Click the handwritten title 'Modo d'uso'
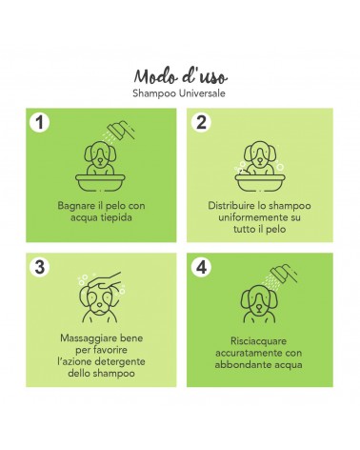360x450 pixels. coord(180,76)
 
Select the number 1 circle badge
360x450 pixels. coord(40,122)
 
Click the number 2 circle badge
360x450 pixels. coord(201,122)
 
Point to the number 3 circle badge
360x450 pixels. coord(40,267)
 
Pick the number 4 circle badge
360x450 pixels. coord(201,267)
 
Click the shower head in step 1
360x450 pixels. coord(121,130)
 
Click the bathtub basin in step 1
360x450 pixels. coord(100,183)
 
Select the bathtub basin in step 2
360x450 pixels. coord(260,183)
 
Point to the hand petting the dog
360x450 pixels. coord(105,280)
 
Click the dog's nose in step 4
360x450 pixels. coord(259,308)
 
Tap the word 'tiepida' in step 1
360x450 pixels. coord(116,217)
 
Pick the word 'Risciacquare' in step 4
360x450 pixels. coord(258,341)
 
